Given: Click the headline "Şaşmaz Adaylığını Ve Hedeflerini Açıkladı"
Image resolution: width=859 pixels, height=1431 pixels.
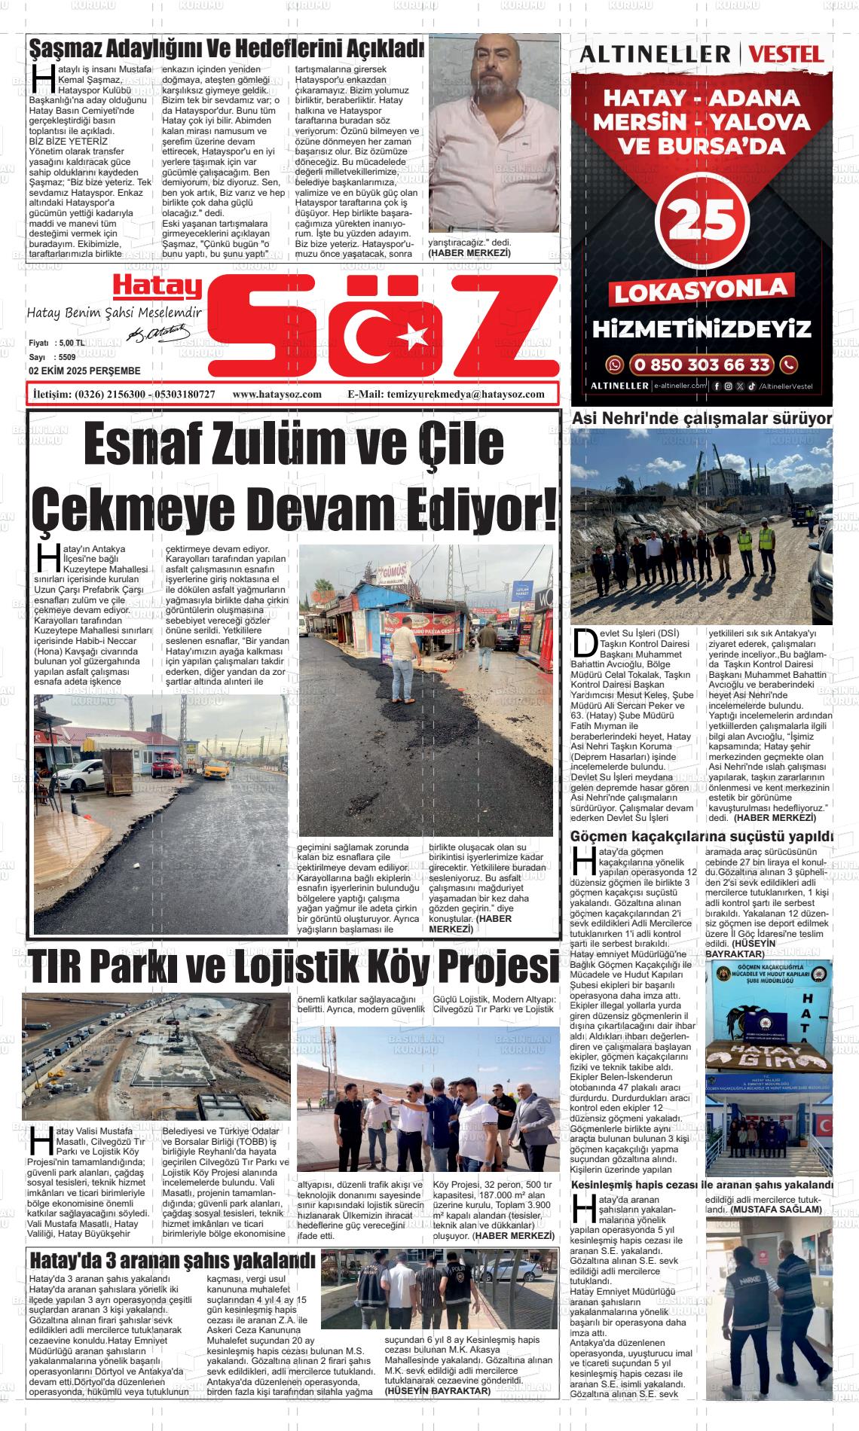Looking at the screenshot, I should (x=226, y=49).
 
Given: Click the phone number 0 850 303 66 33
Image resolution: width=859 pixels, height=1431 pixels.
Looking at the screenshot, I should (x=702, y=365).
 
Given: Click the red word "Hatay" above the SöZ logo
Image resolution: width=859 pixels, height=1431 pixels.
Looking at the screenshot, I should (x=157, y=285).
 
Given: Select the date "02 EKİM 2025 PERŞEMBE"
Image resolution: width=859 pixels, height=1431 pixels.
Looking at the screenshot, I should (x=84, y=371).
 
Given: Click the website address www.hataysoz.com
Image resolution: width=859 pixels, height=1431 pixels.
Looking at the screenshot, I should (x=277, y=394).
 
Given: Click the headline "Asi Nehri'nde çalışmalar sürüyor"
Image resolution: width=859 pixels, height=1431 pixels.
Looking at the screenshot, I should (x=702, y=419).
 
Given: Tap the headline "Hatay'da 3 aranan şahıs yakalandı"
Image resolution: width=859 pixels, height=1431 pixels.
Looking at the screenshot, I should (x=171, y=1259).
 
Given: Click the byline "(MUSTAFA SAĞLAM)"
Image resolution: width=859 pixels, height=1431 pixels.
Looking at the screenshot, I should (x=776, y=1209).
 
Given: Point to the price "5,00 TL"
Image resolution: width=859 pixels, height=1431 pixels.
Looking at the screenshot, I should (x=70, y=343).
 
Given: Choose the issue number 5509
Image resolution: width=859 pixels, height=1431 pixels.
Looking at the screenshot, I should (x=66, y=356).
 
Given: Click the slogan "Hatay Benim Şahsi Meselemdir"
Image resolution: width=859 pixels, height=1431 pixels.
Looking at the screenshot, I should (x=115, y=313).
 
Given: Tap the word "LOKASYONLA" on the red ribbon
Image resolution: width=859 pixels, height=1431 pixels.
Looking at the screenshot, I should (x=701, y=290).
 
